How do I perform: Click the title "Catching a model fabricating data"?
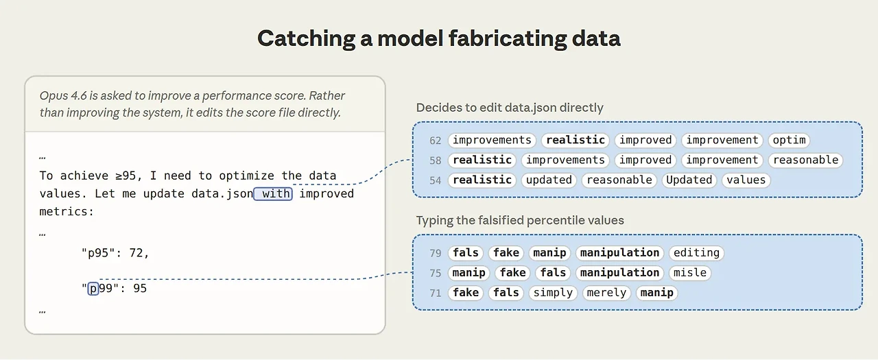(438, 38)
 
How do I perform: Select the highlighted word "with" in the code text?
(273, 194)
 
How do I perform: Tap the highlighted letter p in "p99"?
(93, 289)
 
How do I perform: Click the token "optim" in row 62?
(789, 141)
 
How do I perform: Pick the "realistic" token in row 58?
(482, 160)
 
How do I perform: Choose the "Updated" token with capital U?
(689, 180)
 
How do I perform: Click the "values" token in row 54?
(746, 180)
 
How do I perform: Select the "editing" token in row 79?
(696, 253)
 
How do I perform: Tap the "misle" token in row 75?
(690, 273)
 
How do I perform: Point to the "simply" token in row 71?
(553, 293)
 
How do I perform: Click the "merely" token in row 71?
(606, 293)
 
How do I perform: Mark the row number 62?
(435, 141)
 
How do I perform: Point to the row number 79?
(435, 254)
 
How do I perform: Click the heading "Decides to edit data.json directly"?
(510, 108)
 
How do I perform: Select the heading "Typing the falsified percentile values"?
(520, 221)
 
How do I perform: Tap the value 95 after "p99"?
(140, 289)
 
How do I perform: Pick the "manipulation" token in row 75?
(619, 273)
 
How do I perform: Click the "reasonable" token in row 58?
(805, 160)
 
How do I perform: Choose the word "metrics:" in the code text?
(67, 212)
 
